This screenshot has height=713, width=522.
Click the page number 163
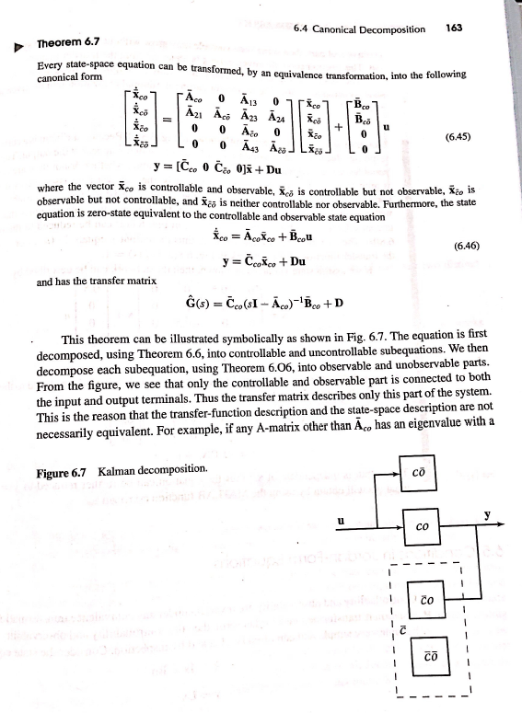(453, 29)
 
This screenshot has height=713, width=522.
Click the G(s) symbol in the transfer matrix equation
(196, 304)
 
